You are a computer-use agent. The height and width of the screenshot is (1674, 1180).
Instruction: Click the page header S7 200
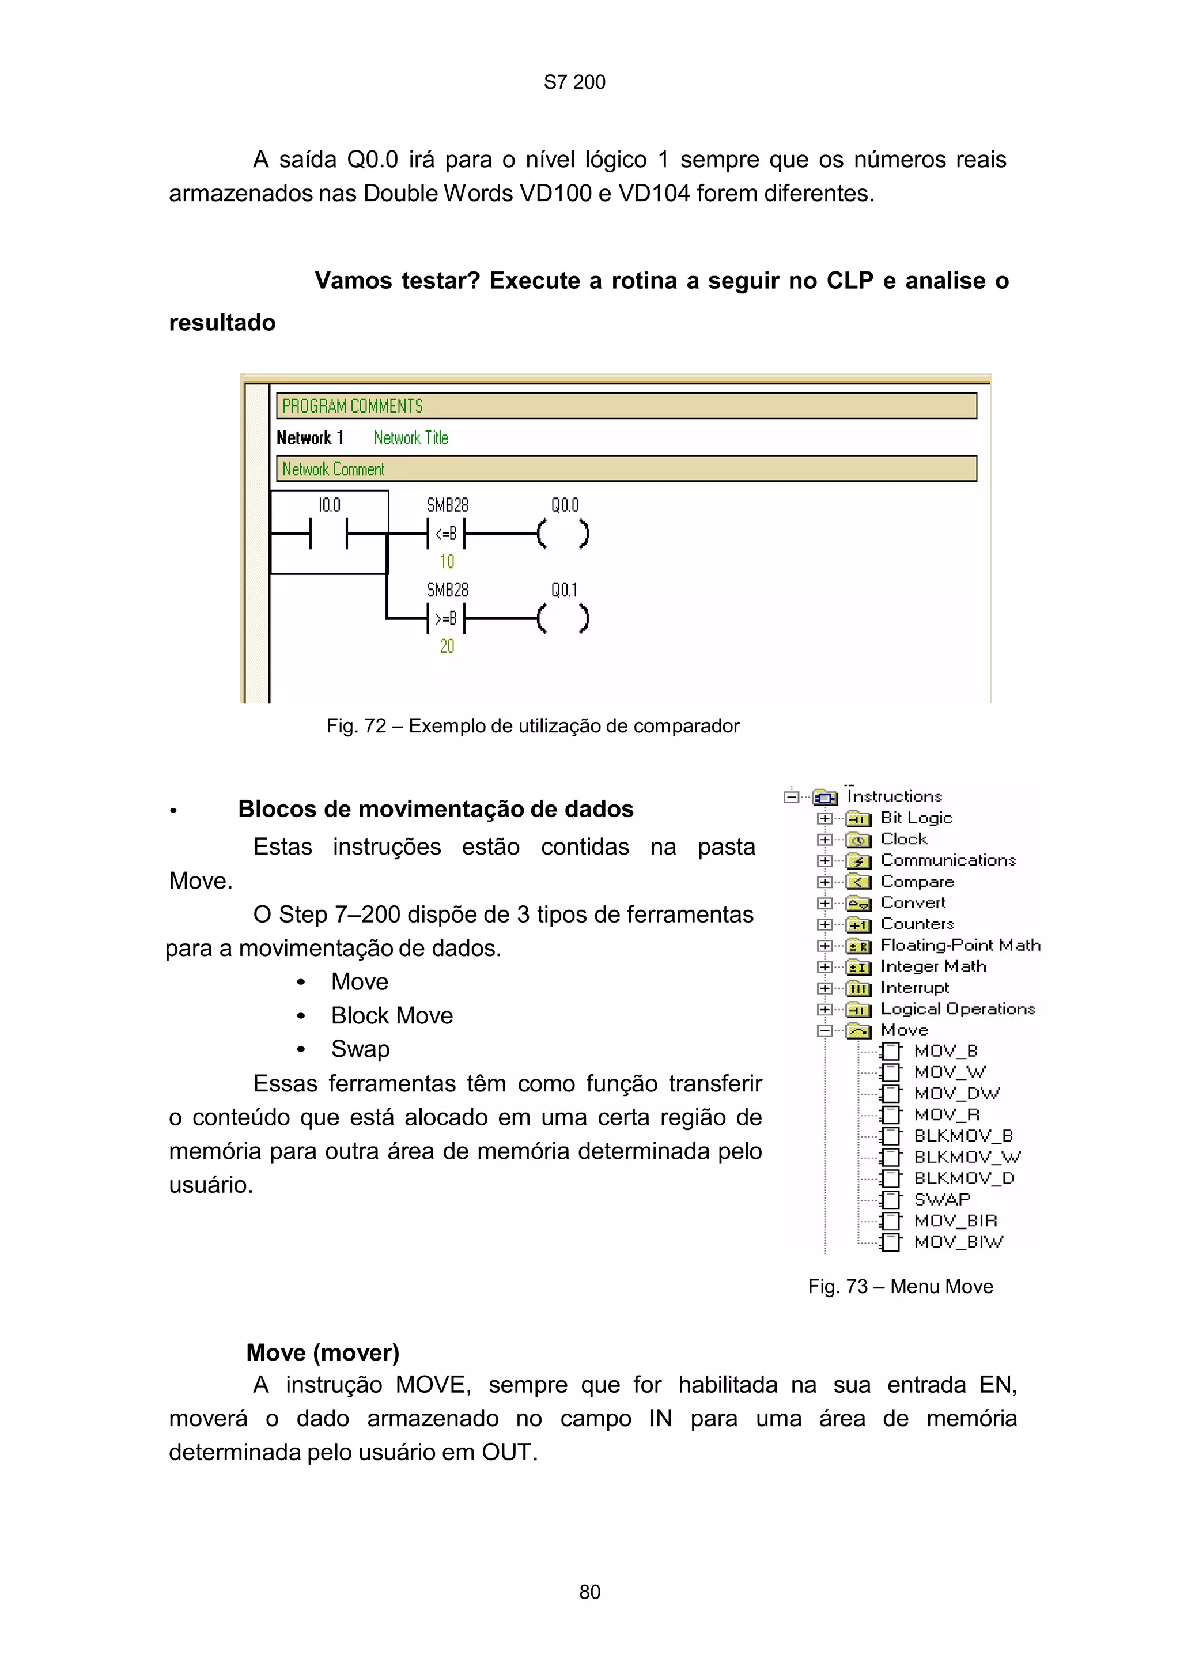coord(574,82)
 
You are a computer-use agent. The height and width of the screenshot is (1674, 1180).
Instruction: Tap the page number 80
coord(589,1592)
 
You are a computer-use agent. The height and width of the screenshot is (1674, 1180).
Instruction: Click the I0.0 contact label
coord(329,505)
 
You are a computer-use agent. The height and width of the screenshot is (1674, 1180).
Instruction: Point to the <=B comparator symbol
coord(446,534)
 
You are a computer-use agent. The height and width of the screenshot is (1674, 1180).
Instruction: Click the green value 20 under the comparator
coord(447,647)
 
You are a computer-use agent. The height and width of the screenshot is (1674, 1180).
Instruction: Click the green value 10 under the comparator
coord(447,561)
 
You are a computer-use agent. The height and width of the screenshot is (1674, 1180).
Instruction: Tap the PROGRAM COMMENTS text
coord(352,406)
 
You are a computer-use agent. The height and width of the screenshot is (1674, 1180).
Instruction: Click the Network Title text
coord(410,438)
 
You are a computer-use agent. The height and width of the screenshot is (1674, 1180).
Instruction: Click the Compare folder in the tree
coord(917,882)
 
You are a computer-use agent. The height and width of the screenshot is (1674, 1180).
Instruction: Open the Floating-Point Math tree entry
coord(960,945)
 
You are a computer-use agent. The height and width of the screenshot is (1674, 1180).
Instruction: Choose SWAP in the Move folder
coord(941,1199)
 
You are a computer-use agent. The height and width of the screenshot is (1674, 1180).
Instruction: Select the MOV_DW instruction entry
coord(956,1094)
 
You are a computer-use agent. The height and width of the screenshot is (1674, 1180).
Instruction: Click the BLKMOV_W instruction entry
coord(966,1157)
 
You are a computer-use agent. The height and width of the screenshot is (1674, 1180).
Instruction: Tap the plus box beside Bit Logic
coord(825,818)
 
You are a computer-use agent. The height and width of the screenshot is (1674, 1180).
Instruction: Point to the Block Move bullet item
coord(391,1015)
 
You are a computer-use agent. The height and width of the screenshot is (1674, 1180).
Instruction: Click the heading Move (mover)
coord(323,1352)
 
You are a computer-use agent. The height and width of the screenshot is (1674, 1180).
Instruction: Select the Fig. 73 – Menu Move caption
coord(900,1286)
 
